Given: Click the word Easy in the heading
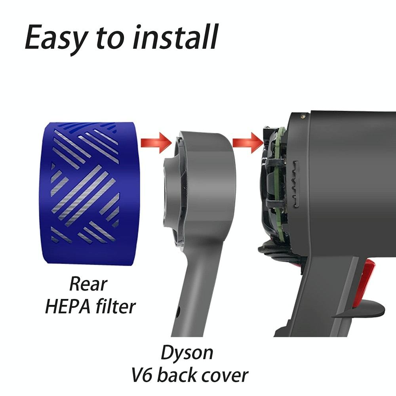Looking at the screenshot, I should pos(55,38).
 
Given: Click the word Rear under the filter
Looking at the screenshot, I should pos(88,284).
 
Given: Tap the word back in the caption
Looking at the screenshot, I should pos(185,374).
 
